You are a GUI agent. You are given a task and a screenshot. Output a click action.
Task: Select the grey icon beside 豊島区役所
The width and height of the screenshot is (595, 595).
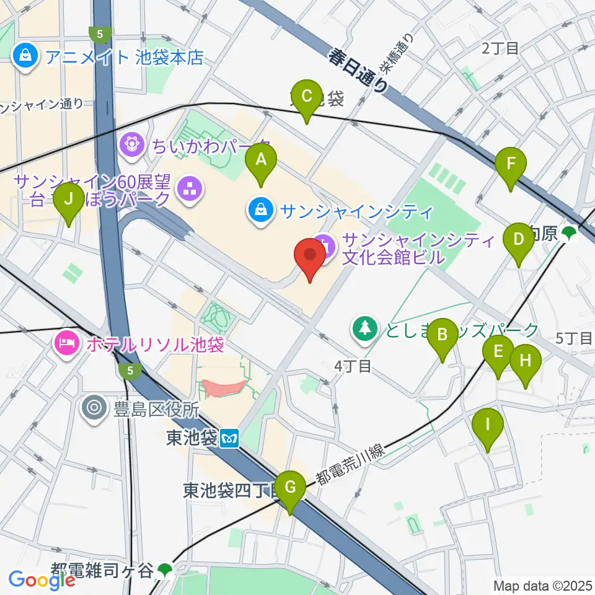tap(95, 408)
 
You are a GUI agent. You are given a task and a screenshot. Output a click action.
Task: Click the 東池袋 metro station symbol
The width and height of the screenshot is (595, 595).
tap(229, 438)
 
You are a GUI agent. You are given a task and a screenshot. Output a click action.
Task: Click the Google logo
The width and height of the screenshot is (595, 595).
tap(42, 580)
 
